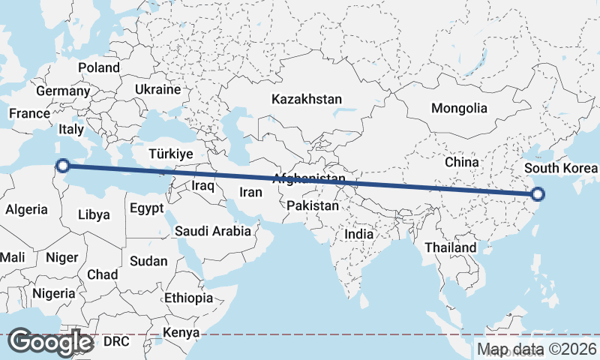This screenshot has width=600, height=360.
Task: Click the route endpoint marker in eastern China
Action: coord(538,195)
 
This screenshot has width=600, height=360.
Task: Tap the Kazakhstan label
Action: coord(307,99)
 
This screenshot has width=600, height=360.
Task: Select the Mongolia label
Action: coord(459,108)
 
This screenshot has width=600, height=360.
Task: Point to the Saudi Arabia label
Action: coord(213,231)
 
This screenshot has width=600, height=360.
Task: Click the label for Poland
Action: coord(99,67)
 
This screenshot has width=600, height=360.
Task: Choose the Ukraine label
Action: coord(157,89)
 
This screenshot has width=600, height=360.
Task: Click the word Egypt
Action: coord(146,208)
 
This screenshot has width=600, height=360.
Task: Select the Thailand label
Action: coord(450,247)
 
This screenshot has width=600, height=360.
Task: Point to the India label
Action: coord(359,234)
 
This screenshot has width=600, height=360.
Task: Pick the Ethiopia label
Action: coord(188,298)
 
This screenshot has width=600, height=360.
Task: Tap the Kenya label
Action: coord(181,332)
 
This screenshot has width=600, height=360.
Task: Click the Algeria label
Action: coord(26,210)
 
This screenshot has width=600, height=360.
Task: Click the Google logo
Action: coord(50,341)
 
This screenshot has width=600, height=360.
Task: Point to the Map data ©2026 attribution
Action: coord(537,349)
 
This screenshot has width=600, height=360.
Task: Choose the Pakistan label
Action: coord(314,205)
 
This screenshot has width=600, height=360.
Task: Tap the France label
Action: coord(29,113)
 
